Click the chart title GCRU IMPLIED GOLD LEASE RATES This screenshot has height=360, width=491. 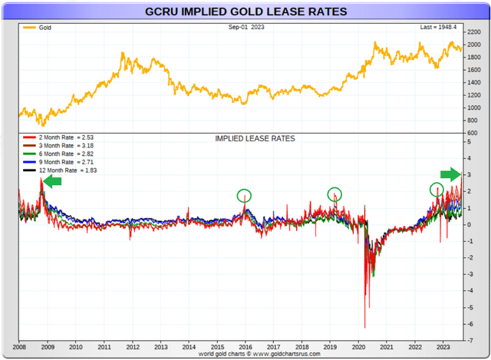click(x=245, y=12)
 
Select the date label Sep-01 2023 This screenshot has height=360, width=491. click(x=245, y=28)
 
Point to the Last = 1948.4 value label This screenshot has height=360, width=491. click(x=437, y=28)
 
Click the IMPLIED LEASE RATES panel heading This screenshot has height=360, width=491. click(x=255, y=139)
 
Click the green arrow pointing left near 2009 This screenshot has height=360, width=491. click(x=52, y=181)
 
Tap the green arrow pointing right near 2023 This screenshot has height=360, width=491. click(x=450, y=173)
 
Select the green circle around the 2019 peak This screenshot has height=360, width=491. click(x=334, y=194)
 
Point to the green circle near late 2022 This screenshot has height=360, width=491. click(x=436, y=189)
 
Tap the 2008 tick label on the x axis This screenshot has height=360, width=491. click(x=18, y=346)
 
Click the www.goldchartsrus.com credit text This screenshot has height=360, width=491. click(x=245, y=354)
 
